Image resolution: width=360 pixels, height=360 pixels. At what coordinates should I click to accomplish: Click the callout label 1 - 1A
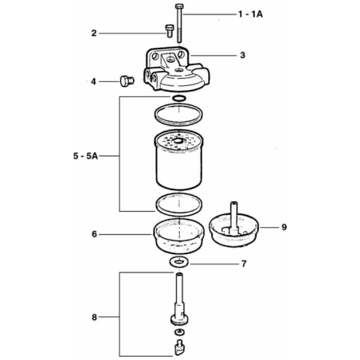pos(250,14)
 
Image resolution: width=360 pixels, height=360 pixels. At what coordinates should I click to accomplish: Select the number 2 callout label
pos(94,33)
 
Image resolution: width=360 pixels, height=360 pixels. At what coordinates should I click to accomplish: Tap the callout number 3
pos(242,55)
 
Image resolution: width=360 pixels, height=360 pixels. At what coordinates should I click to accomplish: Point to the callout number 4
pos(93,81)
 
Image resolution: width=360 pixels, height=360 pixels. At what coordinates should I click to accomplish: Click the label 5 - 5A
pos(85,156)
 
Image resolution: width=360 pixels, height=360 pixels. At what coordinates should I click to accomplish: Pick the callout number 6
pos(94,234)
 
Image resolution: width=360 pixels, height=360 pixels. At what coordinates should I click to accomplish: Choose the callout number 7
pos(244,264)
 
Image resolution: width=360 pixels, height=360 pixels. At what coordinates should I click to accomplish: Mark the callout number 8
pos(94,317)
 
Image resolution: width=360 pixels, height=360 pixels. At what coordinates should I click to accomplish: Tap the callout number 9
pos(284,227)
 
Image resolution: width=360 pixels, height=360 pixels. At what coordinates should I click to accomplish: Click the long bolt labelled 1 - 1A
pos(179,23)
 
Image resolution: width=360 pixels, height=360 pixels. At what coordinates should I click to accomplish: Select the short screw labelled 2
pos(170,31)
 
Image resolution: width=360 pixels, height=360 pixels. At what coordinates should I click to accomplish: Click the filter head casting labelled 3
pos(177,69)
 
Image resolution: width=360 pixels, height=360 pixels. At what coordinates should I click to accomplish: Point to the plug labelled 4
pos(127,80)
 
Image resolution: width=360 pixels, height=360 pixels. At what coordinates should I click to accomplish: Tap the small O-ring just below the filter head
pos(178,98)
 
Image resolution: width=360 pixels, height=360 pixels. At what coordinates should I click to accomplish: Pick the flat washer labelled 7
pos(179,262)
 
